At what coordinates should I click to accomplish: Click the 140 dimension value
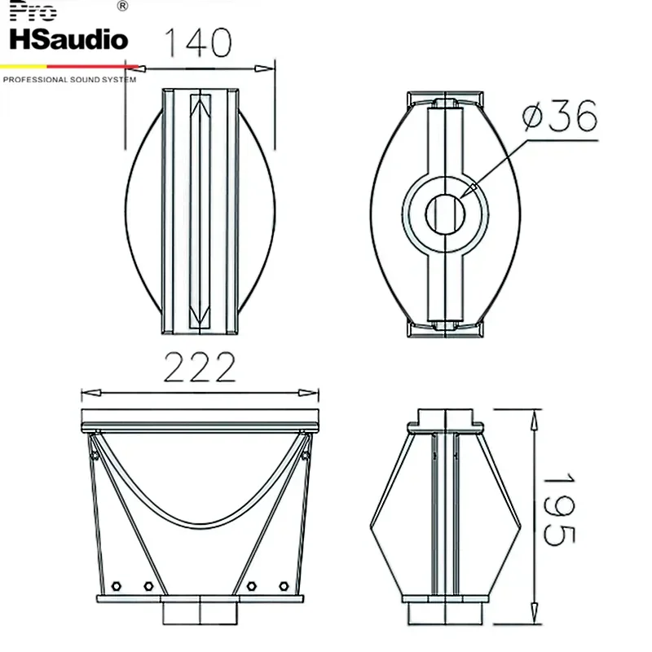coord(199,42)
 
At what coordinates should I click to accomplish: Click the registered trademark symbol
coord(122,7)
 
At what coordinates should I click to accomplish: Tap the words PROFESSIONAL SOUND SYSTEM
coord(69,80)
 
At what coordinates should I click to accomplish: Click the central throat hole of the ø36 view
coord(445,212)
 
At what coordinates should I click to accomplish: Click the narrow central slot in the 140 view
coord(200,212)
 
